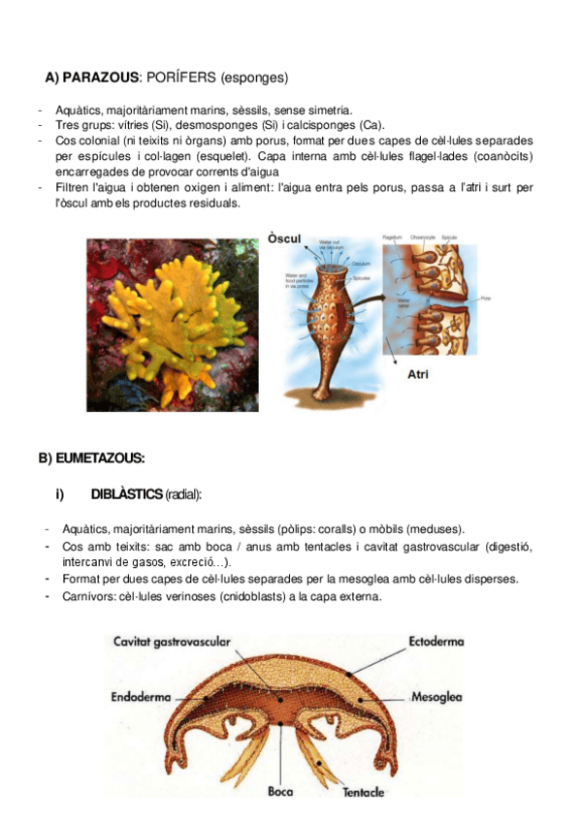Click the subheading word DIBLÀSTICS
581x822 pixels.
(x=126, y=494)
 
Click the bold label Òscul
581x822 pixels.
(x=283, y=238)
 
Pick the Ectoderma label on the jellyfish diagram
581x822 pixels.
(x=436, y=642)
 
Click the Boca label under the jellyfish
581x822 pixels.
(x=280, y=792)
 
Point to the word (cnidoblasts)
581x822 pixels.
(x=246, y=596)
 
